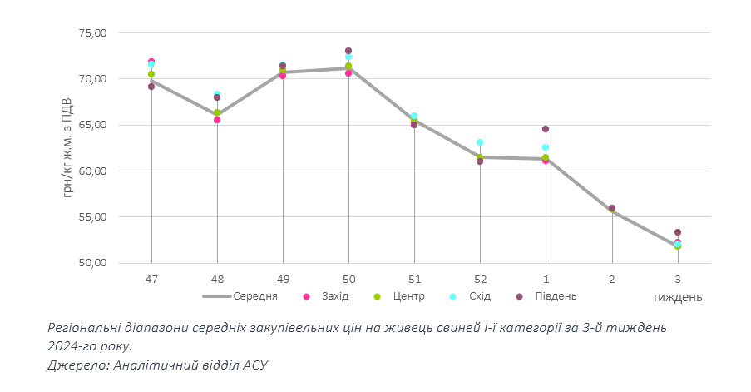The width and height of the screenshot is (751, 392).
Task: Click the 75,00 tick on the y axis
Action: (x=92, y=33)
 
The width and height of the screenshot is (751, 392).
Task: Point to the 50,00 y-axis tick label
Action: (x=92, y=263)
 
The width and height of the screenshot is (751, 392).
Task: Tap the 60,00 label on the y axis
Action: (x=92, y=171)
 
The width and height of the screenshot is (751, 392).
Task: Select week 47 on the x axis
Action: (x=151, y=279)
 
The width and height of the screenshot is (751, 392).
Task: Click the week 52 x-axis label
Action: (x=480, y=279)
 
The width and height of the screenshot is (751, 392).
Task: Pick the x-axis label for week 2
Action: (x=612, y=279)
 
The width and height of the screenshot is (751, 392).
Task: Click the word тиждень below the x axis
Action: (x=677, y=297)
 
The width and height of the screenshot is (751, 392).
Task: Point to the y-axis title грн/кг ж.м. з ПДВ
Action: (x=67, y=148)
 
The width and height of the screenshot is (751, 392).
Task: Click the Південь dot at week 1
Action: (x=546, y=129)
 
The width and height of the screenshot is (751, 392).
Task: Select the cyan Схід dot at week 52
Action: (x=480, y=142)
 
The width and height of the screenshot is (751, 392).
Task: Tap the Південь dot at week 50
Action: (x=348, y=52)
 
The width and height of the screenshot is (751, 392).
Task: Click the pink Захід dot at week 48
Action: (x=217, y=120)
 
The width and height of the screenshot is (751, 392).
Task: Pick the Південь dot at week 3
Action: (x=678, y=232)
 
